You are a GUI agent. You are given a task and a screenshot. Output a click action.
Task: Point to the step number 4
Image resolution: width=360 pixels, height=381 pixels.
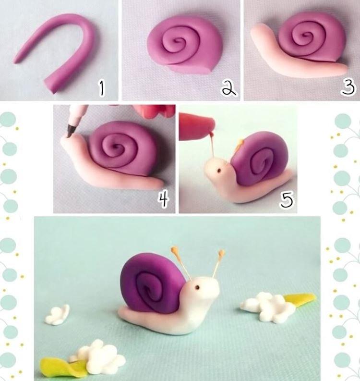[164, 199]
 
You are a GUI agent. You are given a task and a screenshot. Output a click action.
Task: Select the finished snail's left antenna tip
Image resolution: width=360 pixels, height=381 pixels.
[175, 250]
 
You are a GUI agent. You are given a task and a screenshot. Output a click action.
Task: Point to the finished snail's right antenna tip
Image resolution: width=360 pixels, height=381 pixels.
[221, 252]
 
